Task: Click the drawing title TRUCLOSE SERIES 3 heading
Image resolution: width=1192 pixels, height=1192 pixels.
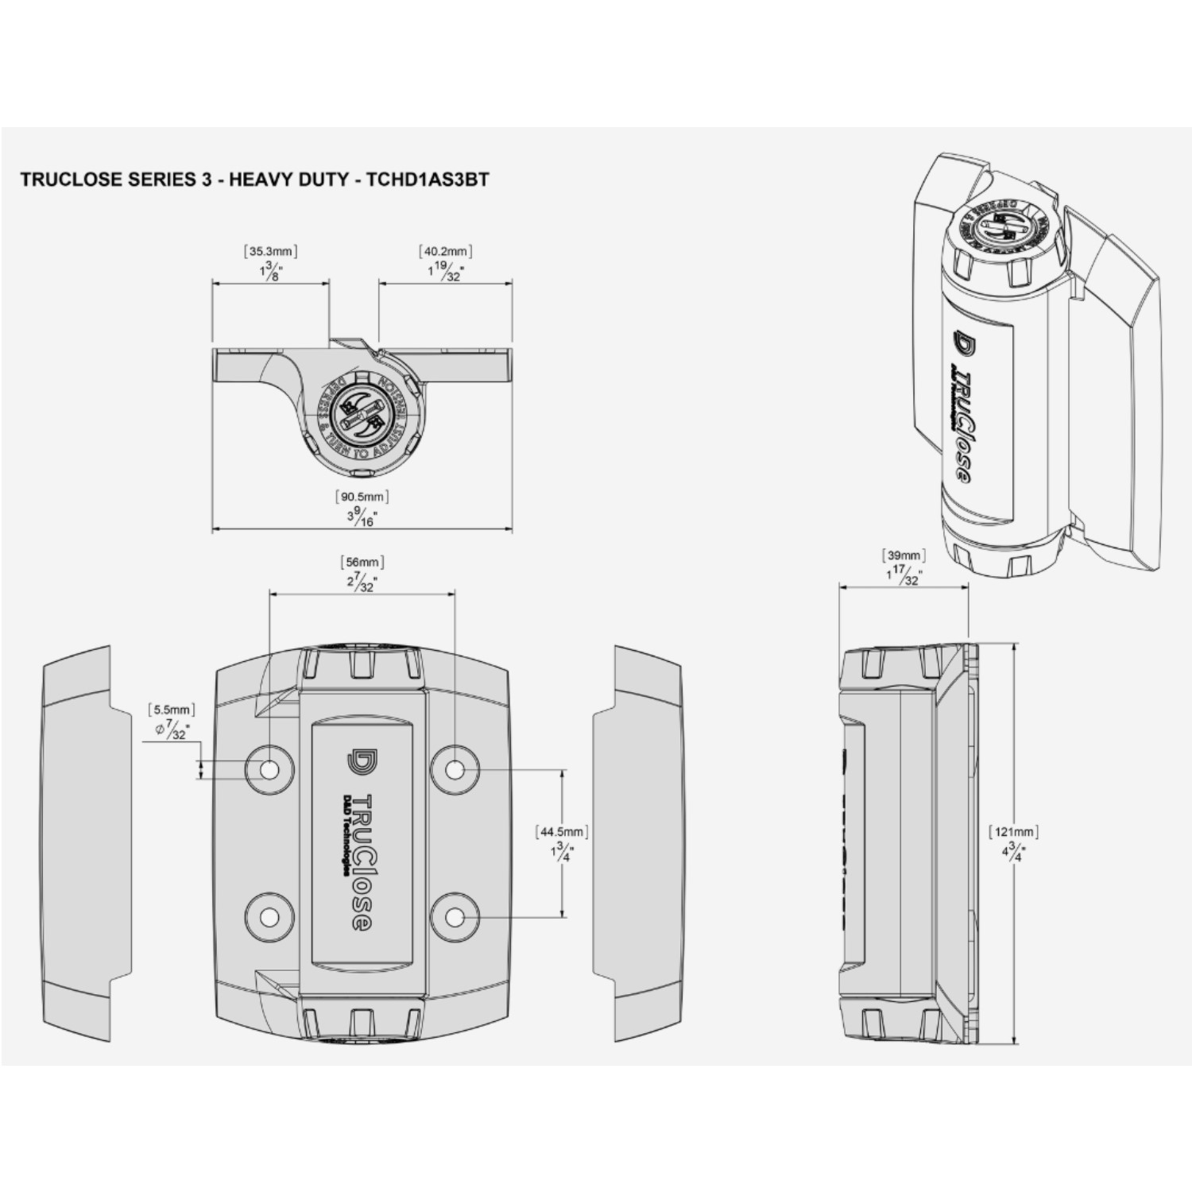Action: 254,180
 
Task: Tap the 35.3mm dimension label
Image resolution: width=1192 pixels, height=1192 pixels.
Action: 271,252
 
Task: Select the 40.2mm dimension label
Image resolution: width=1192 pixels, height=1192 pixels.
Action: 446,252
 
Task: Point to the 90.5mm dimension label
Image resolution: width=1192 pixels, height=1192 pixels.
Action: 362,497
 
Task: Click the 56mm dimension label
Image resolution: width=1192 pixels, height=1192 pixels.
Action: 362,563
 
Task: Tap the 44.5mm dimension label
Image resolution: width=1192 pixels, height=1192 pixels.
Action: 563,832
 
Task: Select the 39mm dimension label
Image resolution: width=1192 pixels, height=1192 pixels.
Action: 904,555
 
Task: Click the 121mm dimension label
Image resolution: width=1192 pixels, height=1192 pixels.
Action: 1013,832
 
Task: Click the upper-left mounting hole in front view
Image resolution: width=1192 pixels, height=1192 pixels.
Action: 269,769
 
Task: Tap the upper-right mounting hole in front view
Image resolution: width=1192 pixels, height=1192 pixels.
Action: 455,769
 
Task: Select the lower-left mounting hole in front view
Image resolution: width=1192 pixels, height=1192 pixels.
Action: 269,917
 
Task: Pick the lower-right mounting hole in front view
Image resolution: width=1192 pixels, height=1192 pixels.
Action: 455,917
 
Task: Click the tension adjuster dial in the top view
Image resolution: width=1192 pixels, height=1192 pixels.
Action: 362,412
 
